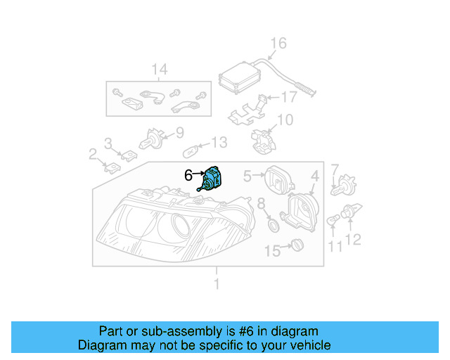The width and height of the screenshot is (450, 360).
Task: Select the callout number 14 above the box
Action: coord(160,69)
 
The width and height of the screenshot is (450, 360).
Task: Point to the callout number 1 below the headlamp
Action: coord(217,284)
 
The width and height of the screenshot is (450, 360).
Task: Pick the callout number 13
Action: coord(219,143)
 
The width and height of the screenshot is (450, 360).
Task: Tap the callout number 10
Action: coord(285,120)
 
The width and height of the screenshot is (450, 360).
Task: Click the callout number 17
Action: coord(290,97)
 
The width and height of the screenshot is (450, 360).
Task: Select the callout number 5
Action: coord(247,175)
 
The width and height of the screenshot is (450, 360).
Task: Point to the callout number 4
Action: coord(316,175)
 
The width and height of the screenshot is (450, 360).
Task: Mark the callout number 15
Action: coord(271,250)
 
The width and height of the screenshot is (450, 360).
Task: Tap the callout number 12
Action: coord(352,240)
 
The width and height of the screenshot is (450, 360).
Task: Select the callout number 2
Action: coord(93,153)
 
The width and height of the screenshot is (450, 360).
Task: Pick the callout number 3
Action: coord(108,143)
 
